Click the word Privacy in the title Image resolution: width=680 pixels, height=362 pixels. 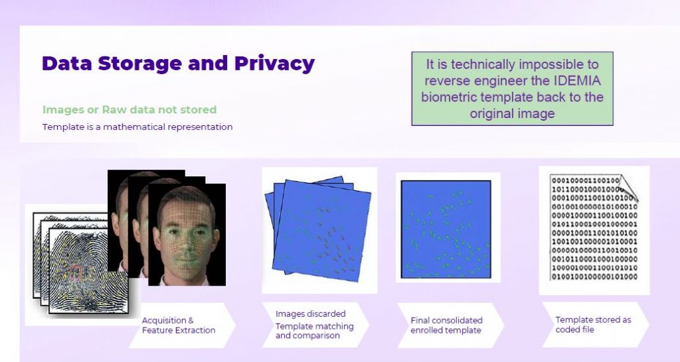[x=274, y=64]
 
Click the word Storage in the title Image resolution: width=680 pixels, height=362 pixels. [x=139, y=64]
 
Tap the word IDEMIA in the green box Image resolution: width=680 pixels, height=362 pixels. [x=578, y=80]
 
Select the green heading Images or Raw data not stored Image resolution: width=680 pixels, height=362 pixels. [x=129, y=109]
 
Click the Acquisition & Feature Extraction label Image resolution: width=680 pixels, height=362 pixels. [x=179, y=325]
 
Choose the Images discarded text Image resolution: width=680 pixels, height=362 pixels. [x=311, y=314]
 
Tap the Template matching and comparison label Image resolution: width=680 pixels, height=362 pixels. [x=314, y=331]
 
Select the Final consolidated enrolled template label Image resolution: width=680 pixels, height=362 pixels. [x=446, y=325]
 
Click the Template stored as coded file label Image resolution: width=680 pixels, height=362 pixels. [x=593, y=324]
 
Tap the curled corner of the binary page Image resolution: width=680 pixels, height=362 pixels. [x=629, y=187]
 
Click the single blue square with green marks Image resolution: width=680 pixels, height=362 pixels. [x=446, y=229]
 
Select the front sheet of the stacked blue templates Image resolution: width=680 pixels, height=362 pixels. [x=321, y=231]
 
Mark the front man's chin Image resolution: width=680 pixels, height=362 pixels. [x=187, y=272]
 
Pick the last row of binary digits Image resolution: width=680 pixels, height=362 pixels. [x=594, y=276]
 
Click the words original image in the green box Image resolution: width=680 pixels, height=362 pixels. [x=512, y=113]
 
